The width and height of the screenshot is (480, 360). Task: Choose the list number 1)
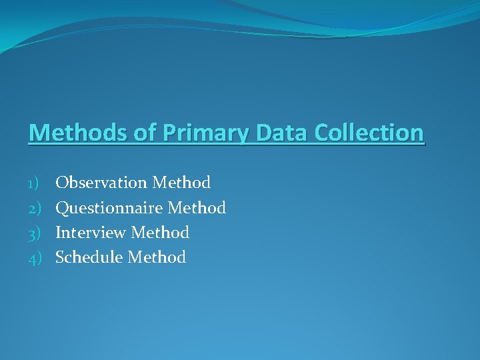pyautogui.click(x=35, y=183)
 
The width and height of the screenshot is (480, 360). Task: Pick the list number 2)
pyautogui.click(x=35, y=208)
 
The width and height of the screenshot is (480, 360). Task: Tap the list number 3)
pyautogui.click(x=35, y=233)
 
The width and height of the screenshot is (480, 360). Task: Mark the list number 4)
pyautogui.click(x=35, y=257)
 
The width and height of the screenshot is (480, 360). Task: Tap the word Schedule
pyautogui.click(x=89, y=257)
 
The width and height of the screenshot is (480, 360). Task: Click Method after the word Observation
pyautogui.click(x=181, y=183)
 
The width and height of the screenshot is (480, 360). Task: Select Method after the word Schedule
pyautogui.click(x=157, y=257)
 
